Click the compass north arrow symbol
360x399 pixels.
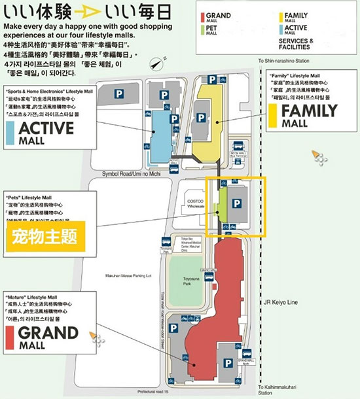(x=156, y=64)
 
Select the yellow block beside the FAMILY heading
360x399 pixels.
(x=272, y=114)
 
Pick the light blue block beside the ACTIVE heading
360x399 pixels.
(x=9, y=131)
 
